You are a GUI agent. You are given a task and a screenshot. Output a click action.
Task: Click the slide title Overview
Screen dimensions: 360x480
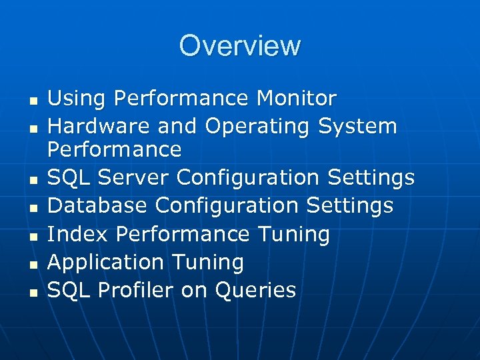click(240, 46)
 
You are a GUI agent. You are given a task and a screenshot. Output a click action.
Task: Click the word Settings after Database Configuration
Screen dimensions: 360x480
click(351, 206)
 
